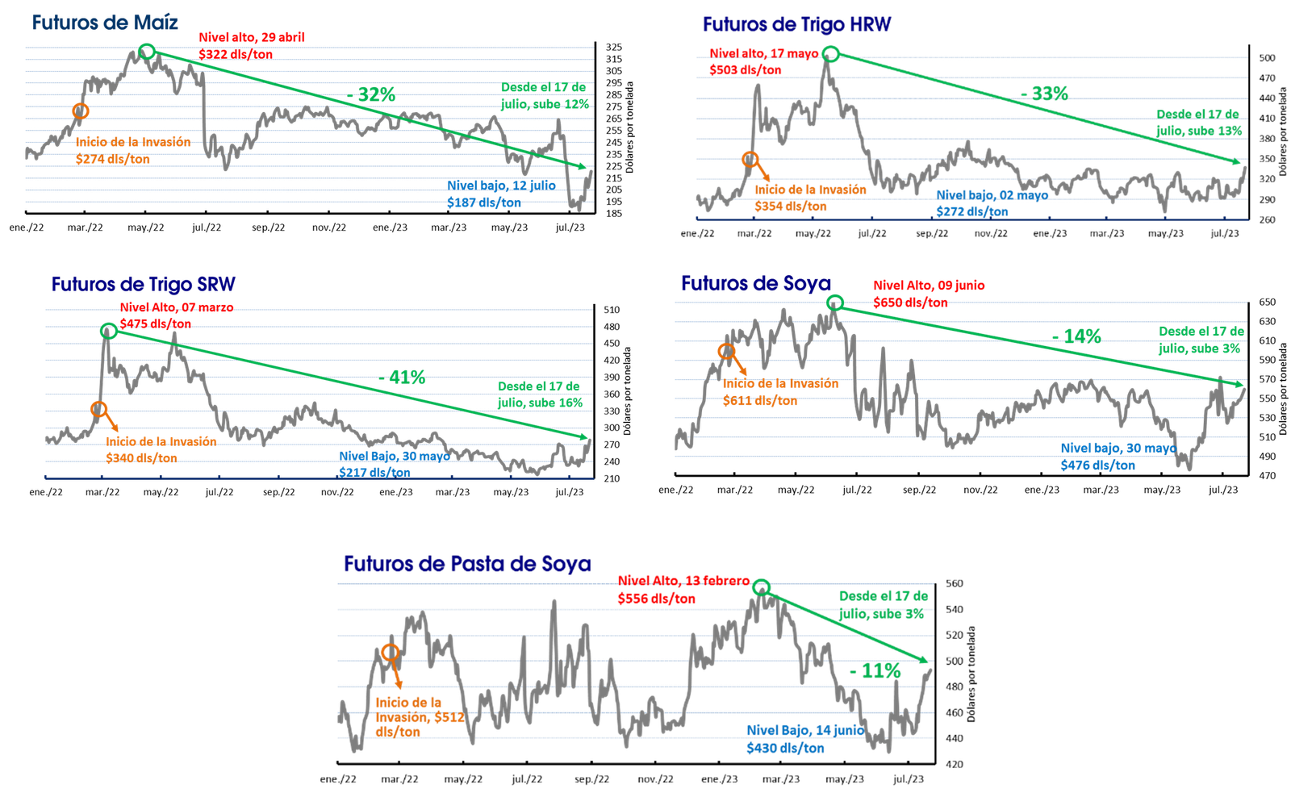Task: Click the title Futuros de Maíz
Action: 105,23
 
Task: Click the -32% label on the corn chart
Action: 371,94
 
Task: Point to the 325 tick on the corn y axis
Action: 614,48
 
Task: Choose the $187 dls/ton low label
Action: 484,202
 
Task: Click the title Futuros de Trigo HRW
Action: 796,24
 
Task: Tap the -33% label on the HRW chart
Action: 1044,94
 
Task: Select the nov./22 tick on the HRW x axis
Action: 992,233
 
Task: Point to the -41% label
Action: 403,378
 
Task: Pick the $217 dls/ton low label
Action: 374,473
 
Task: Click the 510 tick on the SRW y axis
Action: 612,310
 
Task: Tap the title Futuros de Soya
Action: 755,283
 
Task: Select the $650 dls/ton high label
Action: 910,303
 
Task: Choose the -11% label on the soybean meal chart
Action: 875,671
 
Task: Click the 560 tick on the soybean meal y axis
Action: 955,584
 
